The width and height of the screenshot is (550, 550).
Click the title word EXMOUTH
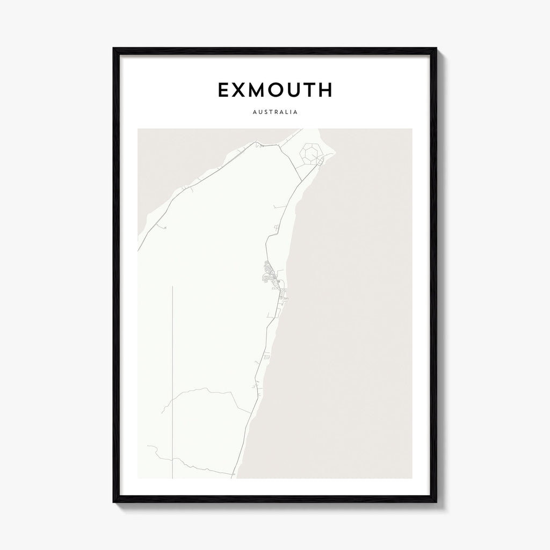click(x=274, y=90)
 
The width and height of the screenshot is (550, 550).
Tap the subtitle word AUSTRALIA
click(x=275, y=113)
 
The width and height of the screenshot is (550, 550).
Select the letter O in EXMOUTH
click(x=283, y=90)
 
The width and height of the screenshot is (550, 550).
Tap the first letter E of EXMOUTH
click(x=224, y=90)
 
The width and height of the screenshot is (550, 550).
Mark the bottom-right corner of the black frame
click(x=436, y=502)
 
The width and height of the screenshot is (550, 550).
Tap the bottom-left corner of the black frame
click(x=114, y=502)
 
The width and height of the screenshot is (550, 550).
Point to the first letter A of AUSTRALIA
click(x=252, y=113)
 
